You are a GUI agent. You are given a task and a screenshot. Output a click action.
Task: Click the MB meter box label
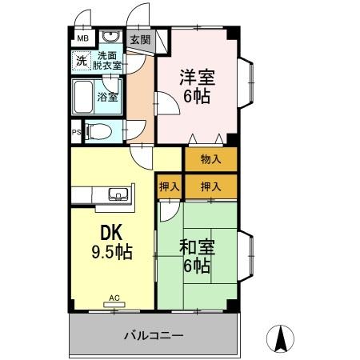(x=82, y=37)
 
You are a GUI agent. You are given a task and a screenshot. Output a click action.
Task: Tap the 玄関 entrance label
(x=140, y=38)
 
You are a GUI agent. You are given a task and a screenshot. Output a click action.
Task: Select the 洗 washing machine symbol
(x=81, y=60)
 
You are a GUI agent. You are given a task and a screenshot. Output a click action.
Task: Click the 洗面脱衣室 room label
(x=108, y=60)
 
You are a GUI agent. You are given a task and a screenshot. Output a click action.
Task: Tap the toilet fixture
(x=100, y=130)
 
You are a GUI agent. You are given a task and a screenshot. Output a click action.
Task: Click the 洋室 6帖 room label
(x=196, y=86)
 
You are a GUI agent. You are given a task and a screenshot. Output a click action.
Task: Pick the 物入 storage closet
(x=210, y=158)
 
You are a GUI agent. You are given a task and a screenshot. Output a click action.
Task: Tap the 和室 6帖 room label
(x=197, y=255)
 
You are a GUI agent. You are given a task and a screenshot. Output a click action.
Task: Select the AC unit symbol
(x=114, y=303)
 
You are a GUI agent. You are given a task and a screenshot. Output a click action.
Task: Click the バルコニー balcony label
(x=154, y=335)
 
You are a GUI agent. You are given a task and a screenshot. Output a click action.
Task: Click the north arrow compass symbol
(x=282, y=338)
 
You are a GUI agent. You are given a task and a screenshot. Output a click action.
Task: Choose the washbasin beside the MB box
(x=110, y=38)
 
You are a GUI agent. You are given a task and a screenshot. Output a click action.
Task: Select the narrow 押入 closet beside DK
(x=169, y=186)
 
